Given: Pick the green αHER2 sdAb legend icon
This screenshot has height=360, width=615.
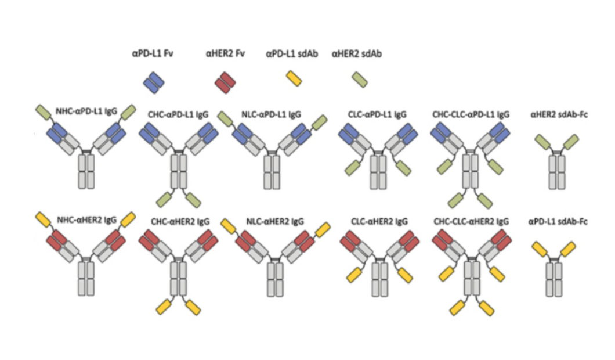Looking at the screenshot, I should pos(359,80).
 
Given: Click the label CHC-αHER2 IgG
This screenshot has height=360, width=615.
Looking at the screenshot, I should pos(179,221).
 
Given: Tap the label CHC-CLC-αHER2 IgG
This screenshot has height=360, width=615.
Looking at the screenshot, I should pos(471,221).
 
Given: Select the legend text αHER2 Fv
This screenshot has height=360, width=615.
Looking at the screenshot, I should pos(225,54).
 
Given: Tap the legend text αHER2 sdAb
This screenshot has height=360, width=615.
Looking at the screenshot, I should pos(357,54).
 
